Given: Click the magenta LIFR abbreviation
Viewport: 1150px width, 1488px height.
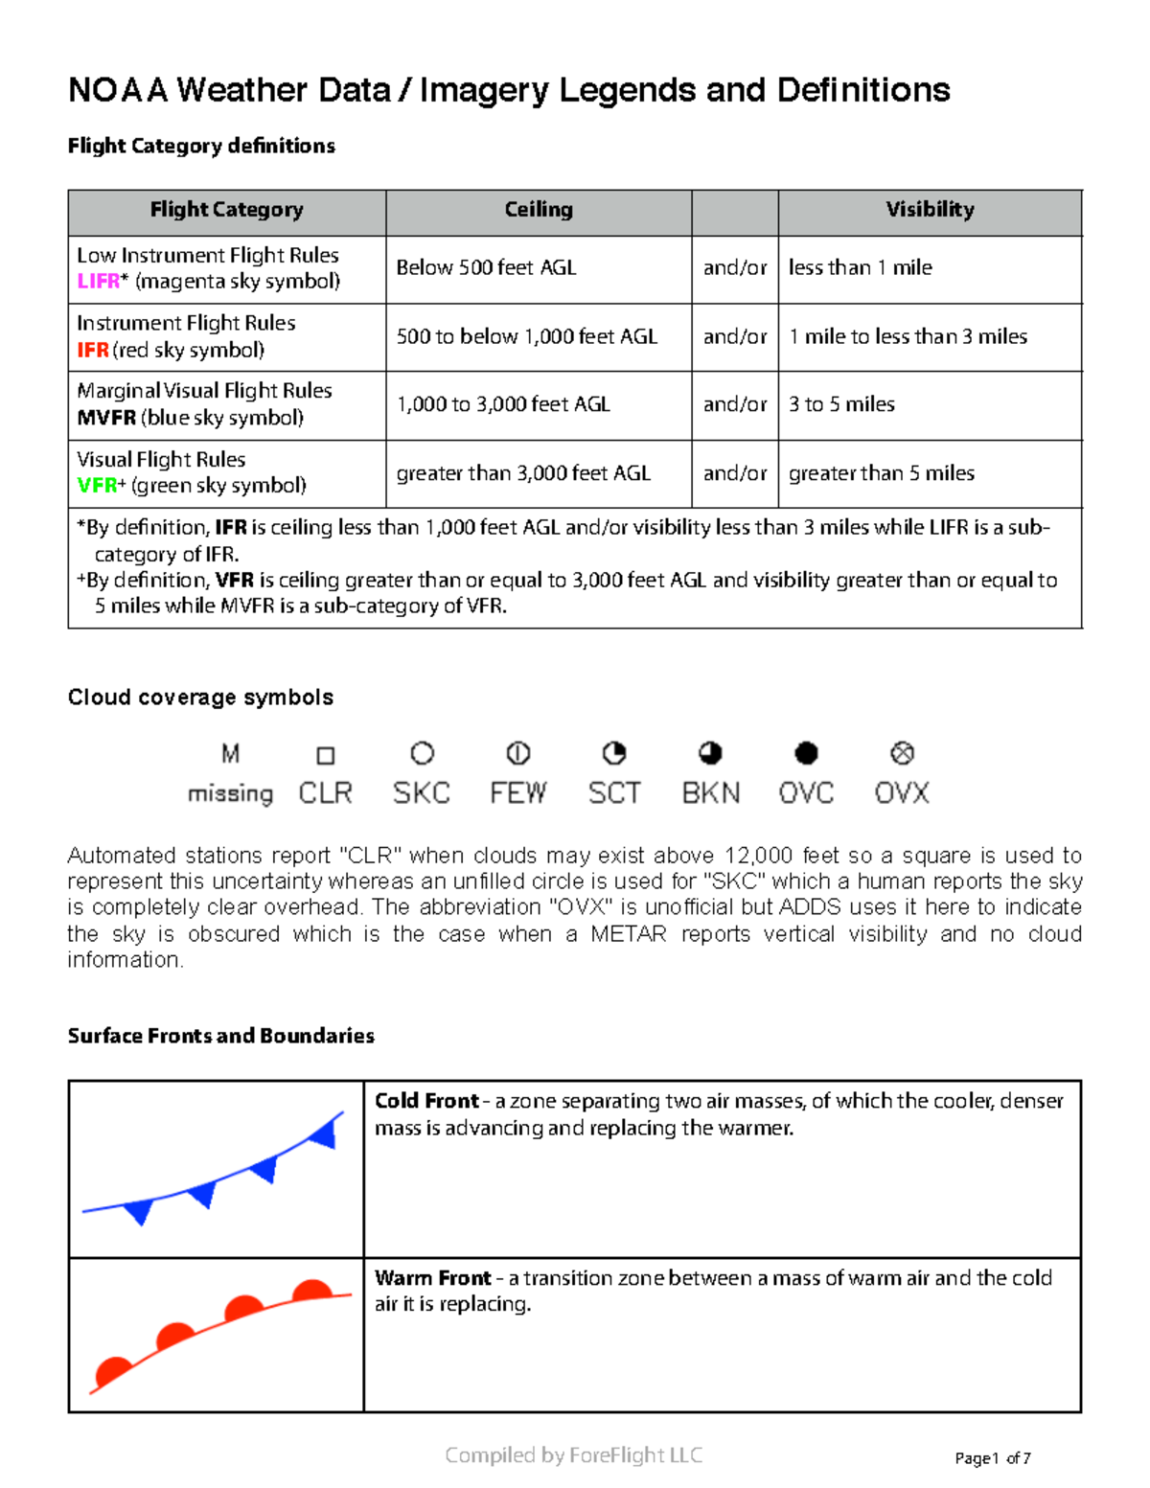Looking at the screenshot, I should coord(98,282).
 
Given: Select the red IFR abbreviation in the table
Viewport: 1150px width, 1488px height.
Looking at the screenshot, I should coord(92,351).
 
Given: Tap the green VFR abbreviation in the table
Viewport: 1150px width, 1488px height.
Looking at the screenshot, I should coord(96,486).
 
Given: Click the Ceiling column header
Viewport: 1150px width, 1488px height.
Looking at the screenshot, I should coord(539,210).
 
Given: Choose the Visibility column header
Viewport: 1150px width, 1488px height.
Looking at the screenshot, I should coord(930,210).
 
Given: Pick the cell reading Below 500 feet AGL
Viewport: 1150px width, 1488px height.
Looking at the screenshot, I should coord(486,268).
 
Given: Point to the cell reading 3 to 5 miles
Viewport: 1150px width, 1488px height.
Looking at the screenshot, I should coord(841,404).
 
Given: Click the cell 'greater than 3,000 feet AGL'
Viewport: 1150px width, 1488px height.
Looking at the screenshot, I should coord(523,473).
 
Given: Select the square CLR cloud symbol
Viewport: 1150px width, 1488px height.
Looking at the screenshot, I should coord(326,756).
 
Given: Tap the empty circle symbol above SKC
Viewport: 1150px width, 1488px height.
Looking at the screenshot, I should coord(422,754).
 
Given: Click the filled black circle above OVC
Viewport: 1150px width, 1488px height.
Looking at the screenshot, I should coord(807,754).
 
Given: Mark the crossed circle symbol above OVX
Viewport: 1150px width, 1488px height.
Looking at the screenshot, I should coord(902,754).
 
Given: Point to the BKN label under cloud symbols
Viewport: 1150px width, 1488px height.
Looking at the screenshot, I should coord(711,793).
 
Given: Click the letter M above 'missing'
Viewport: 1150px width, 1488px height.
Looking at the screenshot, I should coord(230,754).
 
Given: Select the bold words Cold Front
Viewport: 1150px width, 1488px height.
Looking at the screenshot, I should coord(426,1101).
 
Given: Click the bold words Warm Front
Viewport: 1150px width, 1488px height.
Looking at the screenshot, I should coord(432,1278).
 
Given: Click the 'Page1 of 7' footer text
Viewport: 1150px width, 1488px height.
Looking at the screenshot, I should coord(993,1458).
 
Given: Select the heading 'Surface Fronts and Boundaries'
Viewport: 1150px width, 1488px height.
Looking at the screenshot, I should coord(220,1036).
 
